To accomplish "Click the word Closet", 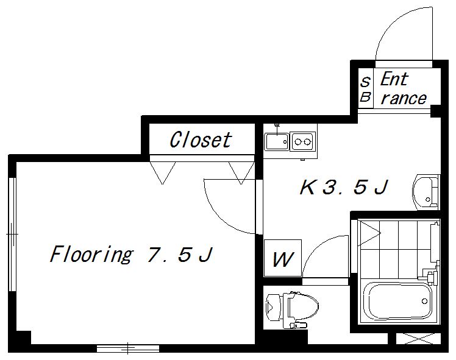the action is coord(201,139).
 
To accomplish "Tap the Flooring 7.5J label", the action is coord(132,254).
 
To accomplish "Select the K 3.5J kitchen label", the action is coord(344,187).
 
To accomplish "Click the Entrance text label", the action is coord(404,88).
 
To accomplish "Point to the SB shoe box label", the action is coord(365,89).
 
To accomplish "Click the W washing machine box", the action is coord(282,258).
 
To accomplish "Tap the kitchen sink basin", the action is coord(277,141).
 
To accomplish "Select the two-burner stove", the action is coord(303,141).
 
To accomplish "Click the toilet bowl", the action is coord(302,306).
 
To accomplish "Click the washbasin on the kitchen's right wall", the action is coord(426,192).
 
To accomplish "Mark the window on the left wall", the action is coord(12,234).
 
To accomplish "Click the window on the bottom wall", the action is coord(128,348).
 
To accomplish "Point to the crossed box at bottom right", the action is coord(418,339).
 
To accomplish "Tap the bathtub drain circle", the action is coord(424,302).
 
